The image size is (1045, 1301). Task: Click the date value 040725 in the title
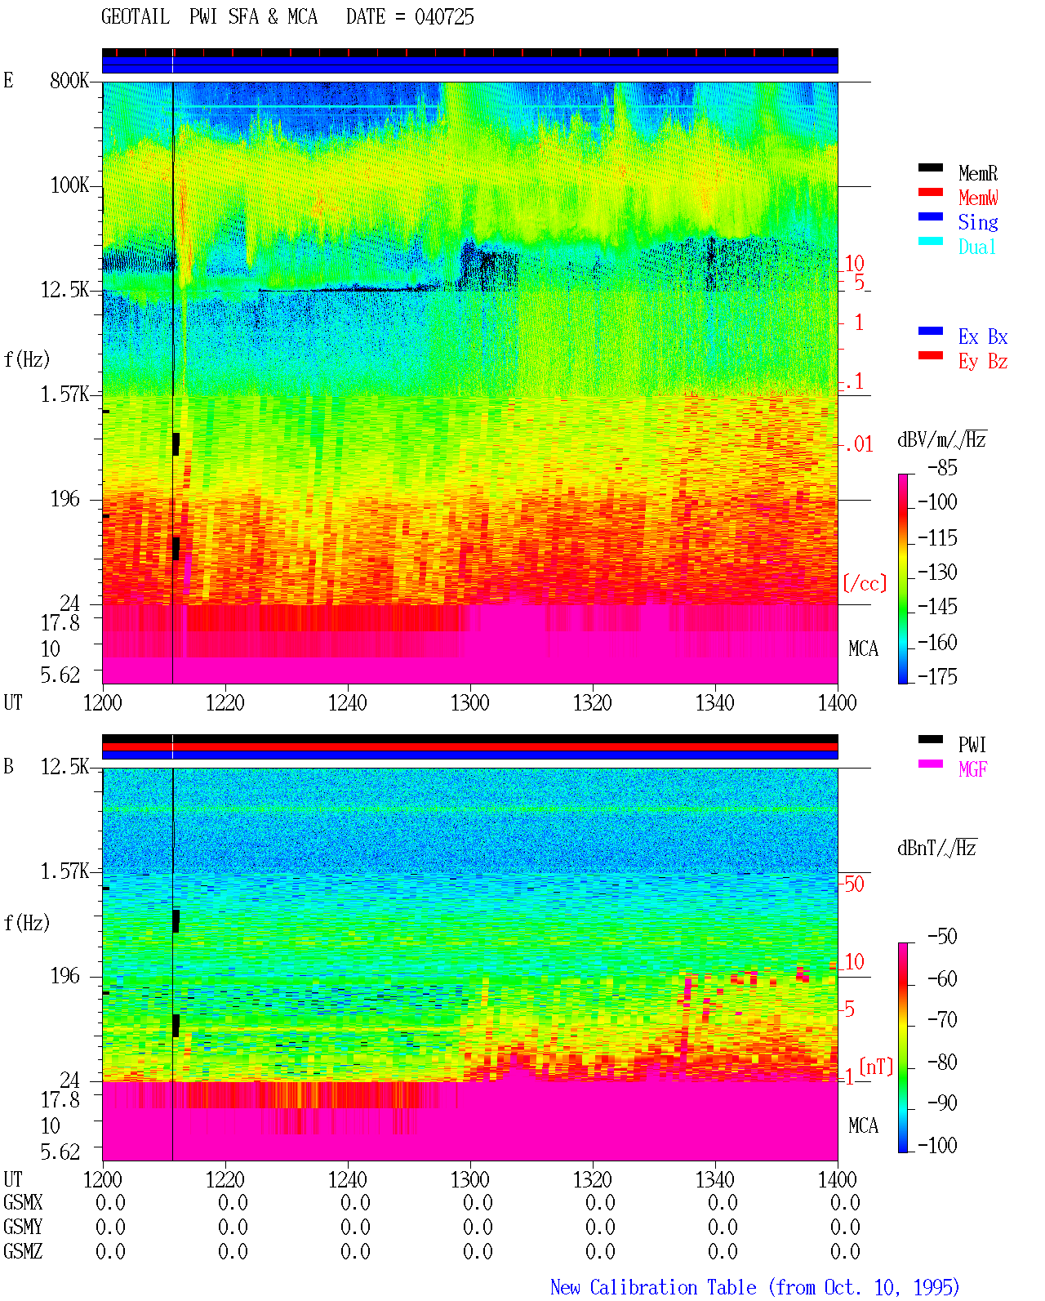444,16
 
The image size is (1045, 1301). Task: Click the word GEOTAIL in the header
136,16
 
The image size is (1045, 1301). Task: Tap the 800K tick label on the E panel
69,80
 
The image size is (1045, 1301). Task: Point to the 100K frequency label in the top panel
69,185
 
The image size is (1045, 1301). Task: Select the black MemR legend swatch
930,167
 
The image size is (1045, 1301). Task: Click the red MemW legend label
978,197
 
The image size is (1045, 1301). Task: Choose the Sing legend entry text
978,222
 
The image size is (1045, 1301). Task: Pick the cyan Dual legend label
977,247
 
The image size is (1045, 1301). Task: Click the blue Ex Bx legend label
983,336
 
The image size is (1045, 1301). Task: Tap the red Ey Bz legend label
983,361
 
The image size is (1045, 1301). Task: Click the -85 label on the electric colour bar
942,467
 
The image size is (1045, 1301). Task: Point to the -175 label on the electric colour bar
937,676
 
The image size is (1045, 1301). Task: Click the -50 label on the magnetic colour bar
942,936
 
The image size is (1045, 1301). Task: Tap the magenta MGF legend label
973,769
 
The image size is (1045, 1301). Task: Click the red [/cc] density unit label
865,583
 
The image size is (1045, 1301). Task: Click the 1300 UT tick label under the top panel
470,702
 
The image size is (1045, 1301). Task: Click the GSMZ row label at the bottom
23,1251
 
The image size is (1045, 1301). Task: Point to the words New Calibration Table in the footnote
653,1287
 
